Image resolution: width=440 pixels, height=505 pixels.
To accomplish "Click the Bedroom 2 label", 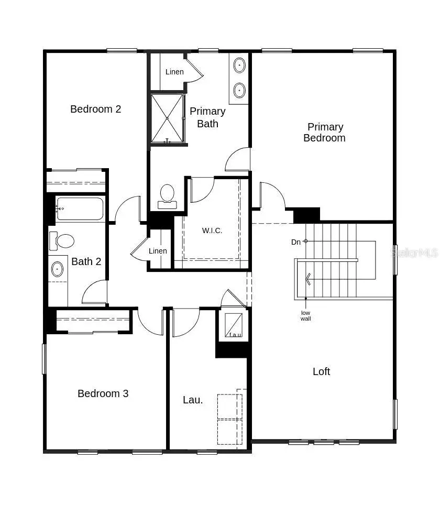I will [96, 109].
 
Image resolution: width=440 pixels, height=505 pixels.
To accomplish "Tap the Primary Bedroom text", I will [325, 133].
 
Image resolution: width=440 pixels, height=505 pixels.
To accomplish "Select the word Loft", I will [321, 371].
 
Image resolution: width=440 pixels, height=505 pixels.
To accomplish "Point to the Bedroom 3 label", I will [103, 393].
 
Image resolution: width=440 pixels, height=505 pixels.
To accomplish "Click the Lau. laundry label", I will [193, 400].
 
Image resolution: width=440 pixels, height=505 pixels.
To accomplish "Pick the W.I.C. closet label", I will [212, 230].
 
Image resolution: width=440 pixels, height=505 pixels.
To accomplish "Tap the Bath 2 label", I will [86, 261].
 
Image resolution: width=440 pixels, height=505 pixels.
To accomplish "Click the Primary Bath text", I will [207, 117].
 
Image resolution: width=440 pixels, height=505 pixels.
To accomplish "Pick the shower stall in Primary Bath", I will [167, 119].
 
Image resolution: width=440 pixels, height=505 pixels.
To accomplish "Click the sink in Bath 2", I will [57, 269].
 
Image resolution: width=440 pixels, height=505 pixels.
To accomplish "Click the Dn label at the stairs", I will [296, 242].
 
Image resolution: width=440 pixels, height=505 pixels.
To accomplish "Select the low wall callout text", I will [305, 315].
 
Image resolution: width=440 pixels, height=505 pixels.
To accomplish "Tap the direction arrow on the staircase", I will [310, 278].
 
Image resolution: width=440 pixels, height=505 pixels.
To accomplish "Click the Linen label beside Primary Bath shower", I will [174, 72].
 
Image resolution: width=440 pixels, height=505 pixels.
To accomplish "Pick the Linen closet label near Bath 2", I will [158, 251].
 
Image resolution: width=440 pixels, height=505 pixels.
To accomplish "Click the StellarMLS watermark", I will [416, 253].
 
